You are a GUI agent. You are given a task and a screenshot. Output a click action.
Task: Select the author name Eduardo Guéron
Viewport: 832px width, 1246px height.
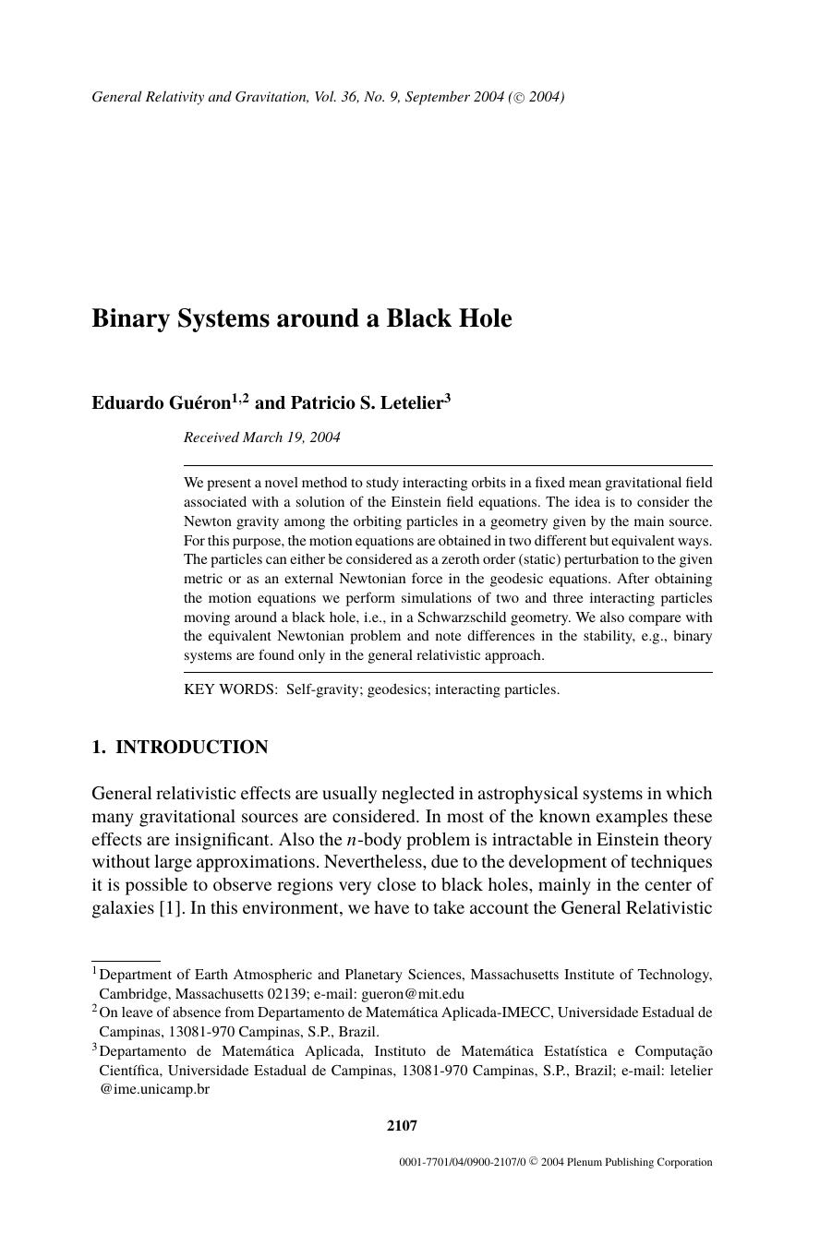(161, 402)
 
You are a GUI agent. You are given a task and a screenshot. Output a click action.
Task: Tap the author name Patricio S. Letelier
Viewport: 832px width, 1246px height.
(367, 402)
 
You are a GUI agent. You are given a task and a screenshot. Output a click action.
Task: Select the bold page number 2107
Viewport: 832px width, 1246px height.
(402, 1125)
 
